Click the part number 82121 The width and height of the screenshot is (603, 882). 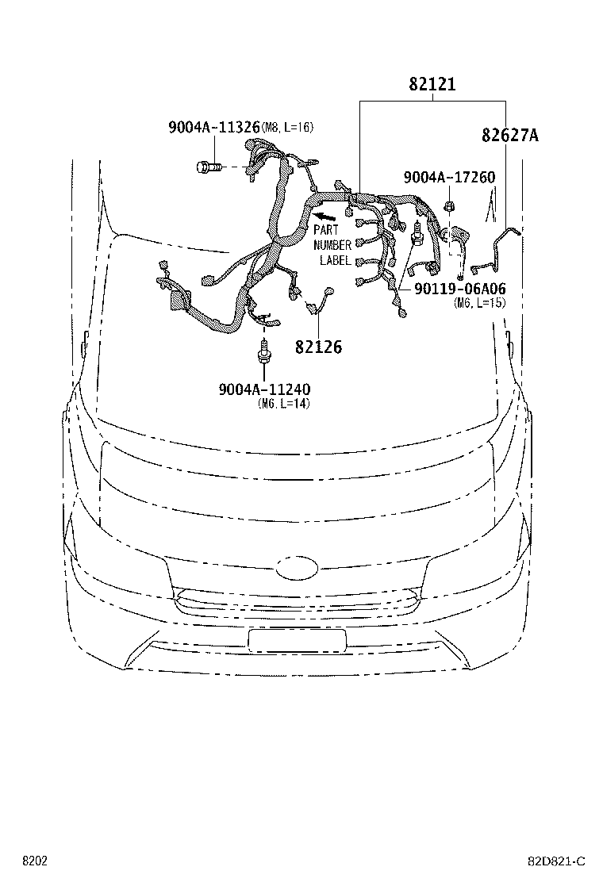432,84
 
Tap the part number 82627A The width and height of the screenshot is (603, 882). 509,135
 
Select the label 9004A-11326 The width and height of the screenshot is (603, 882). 214,127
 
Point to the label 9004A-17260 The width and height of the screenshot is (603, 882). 449,177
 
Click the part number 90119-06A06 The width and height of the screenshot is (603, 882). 460,289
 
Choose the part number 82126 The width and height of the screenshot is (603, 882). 318,347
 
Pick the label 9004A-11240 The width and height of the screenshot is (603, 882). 264,389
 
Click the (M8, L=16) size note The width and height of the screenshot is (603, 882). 287,128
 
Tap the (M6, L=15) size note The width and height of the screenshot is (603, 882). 480,303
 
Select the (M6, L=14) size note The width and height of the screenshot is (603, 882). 284,403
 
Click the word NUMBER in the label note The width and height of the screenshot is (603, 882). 332,245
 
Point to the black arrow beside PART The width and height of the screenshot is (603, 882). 325,216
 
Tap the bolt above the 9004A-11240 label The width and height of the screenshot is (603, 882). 263,353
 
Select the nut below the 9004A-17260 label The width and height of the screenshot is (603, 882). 449,206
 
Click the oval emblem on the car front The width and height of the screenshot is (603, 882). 297,568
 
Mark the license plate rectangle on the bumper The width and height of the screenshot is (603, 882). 297,641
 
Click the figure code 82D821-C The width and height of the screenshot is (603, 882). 556,861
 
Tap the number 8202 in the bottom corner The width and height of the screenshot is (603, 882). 35,861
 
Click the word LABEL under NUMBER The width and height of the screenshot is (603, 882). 336,260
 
